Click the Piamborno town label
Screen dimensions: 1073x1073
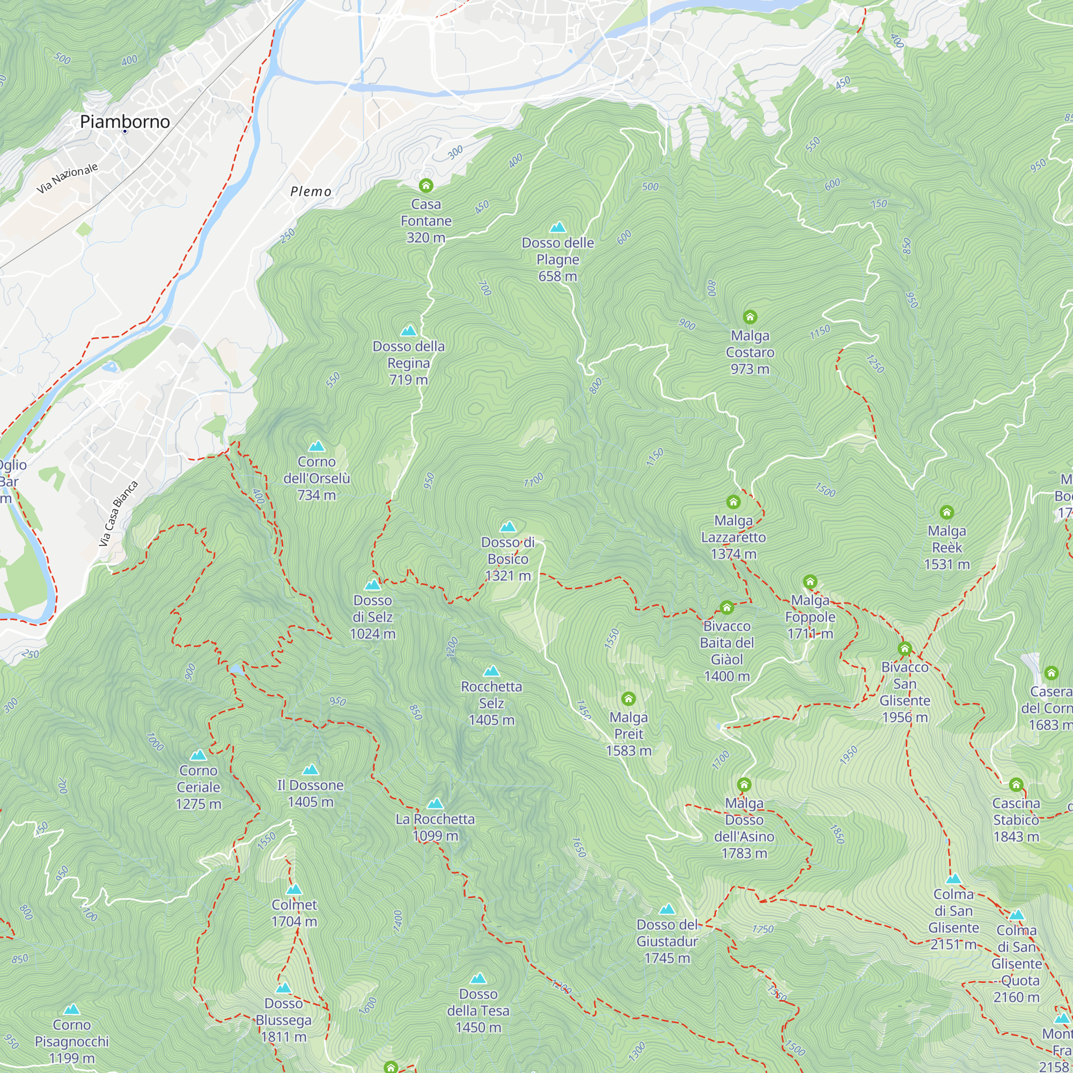pos(125,121)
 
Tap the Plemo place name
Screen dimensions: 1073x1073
pos(311,192)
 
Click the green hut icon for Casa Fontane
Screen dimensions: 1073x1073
pos(426,185)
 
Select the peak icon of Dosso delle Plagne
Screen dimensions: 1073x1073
pos(557,227)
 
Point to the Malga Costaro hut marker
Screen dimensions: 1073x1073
pos(750,317)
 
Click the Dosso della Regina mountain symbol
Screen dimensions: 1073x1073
pos(409,331)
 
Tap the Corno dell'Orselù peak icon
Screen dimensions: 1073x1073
pos(317,446)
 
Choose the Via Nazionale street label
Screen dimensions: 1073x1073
pos(67,178)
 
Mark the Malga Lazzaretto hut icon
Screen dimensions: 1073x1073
pos(733,502)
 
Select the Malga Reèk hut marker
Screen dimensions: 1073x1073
pos(946,512)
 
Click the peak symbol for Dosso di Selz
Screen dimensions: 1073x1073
pos(373,585)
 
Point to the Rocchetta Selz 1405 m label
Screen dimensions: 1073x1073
pos(491,703)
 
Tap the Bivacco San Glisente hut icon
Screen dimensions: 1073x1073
pos(905,649)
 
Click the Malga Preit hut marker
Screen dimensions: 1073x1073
pos(628,699)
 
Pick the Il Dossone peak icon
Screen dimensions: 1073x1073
pos(311,770)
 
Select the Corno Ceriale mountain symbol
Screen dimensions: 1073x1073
pos(199,755)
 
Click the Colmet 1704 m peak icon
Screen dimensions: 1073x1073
pos(294,889)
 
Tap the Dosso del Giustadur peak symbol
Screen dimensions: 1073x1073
pos(667,909)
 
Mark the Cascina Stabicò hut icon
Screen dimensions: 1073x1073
pos(1016,785)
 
